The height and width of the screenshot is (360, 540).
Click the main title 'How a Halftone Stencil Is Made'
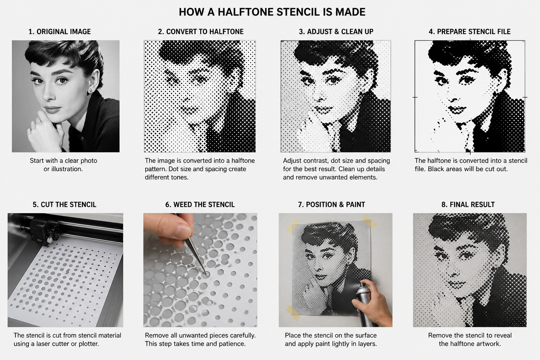point(272,12)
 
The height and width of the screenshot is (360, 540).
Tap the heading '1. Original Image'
point(59,32)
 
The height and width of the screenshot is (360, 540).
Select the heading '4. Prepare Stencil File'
point(469,32)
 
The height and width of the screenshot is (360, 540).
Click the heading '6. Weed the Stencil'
point(200,205)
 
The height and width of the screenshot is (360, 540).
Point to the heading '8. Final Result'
point(468,205)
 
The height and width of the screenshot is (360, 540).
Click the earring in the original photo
point(90,91)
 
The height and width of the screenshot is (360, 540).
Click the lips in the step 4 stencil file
point(458,110)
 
